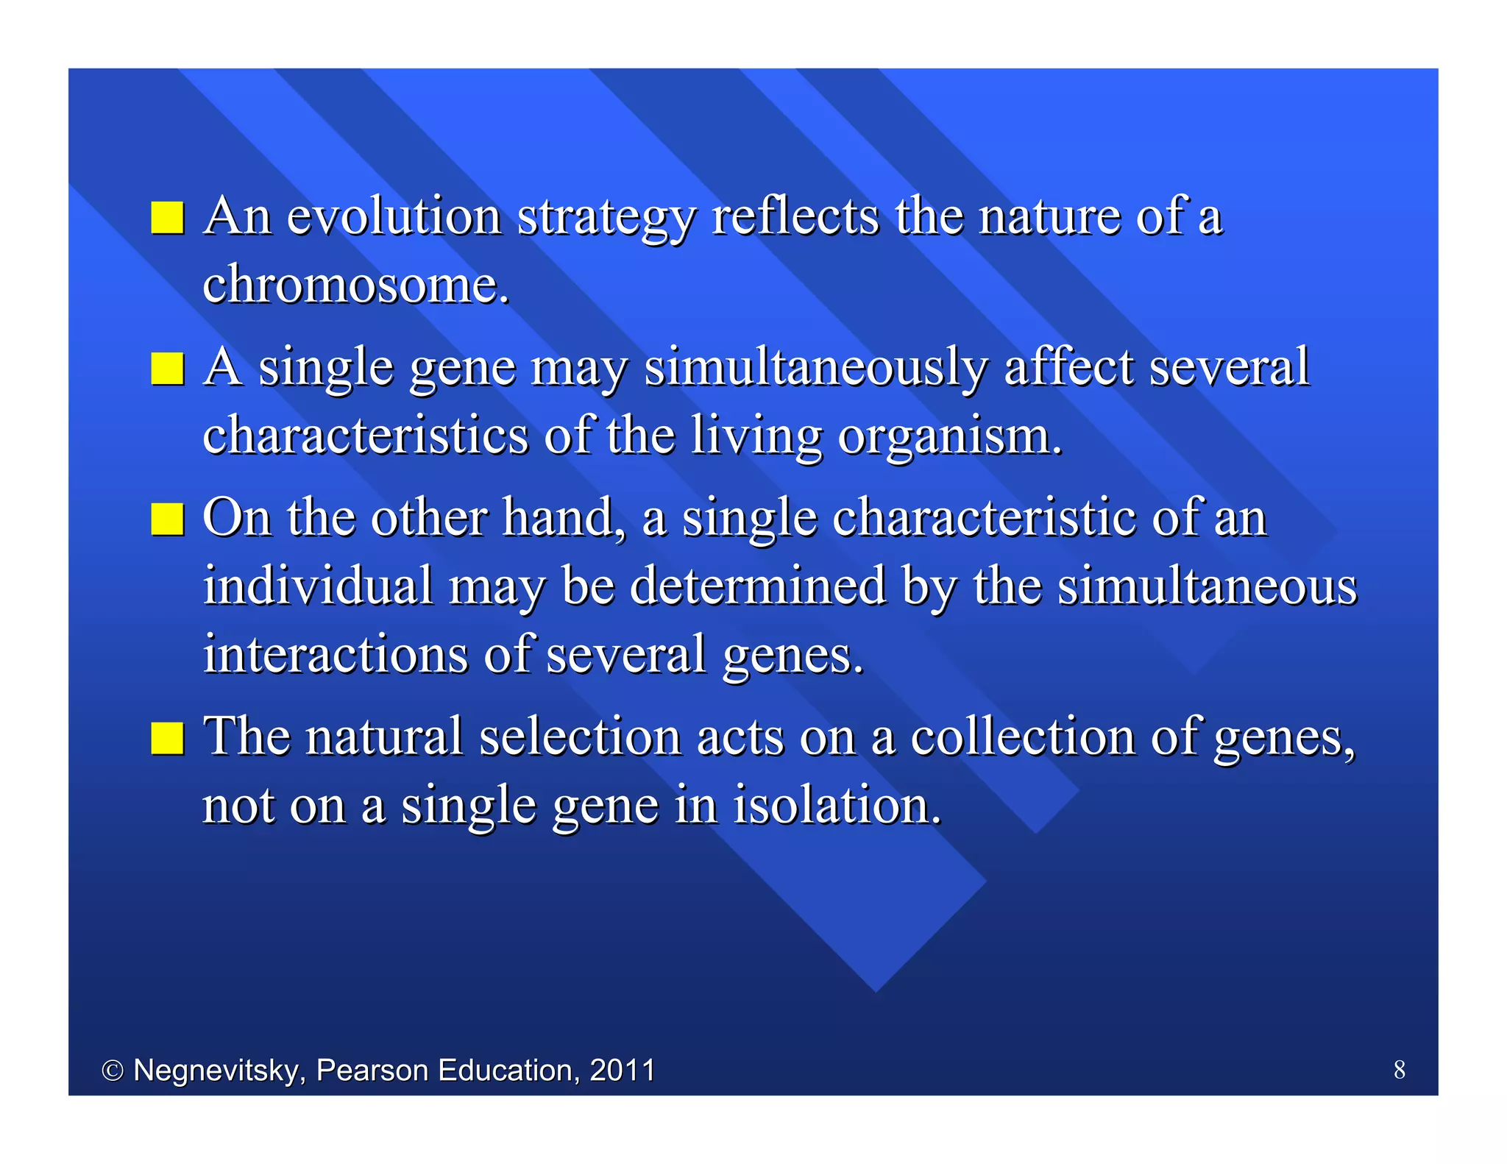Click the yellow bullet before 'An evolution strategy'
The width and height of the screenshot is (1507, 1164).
167,218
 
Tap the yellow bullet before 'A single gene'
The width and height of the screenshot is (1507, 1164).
167,369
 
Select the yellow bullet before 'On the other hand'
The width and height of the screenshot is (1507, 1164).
167,519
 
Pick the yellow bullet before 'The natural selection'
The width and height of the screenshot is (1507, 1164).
167,738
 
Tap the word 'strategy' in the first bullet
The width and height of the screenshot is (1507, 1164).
606,219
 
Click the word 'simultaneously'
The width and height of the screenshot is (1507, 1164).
815,368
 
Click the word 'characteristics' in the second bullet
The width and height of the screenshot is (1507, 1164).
365,436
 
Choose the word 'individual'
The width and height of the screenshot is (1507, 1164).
318,586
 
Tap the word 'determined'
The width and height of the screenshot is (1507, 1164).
758,586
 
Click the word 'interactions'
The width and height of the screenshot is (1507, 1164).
336,654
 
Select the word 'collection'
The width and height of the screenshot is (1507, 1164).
1023,737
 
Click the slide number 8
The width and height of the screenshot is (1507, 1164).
1399,1069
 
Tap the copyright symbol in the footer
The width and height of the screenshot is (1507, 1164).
112,1071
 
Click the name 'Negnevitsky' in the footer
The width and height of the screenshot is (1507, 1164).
218,1071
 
